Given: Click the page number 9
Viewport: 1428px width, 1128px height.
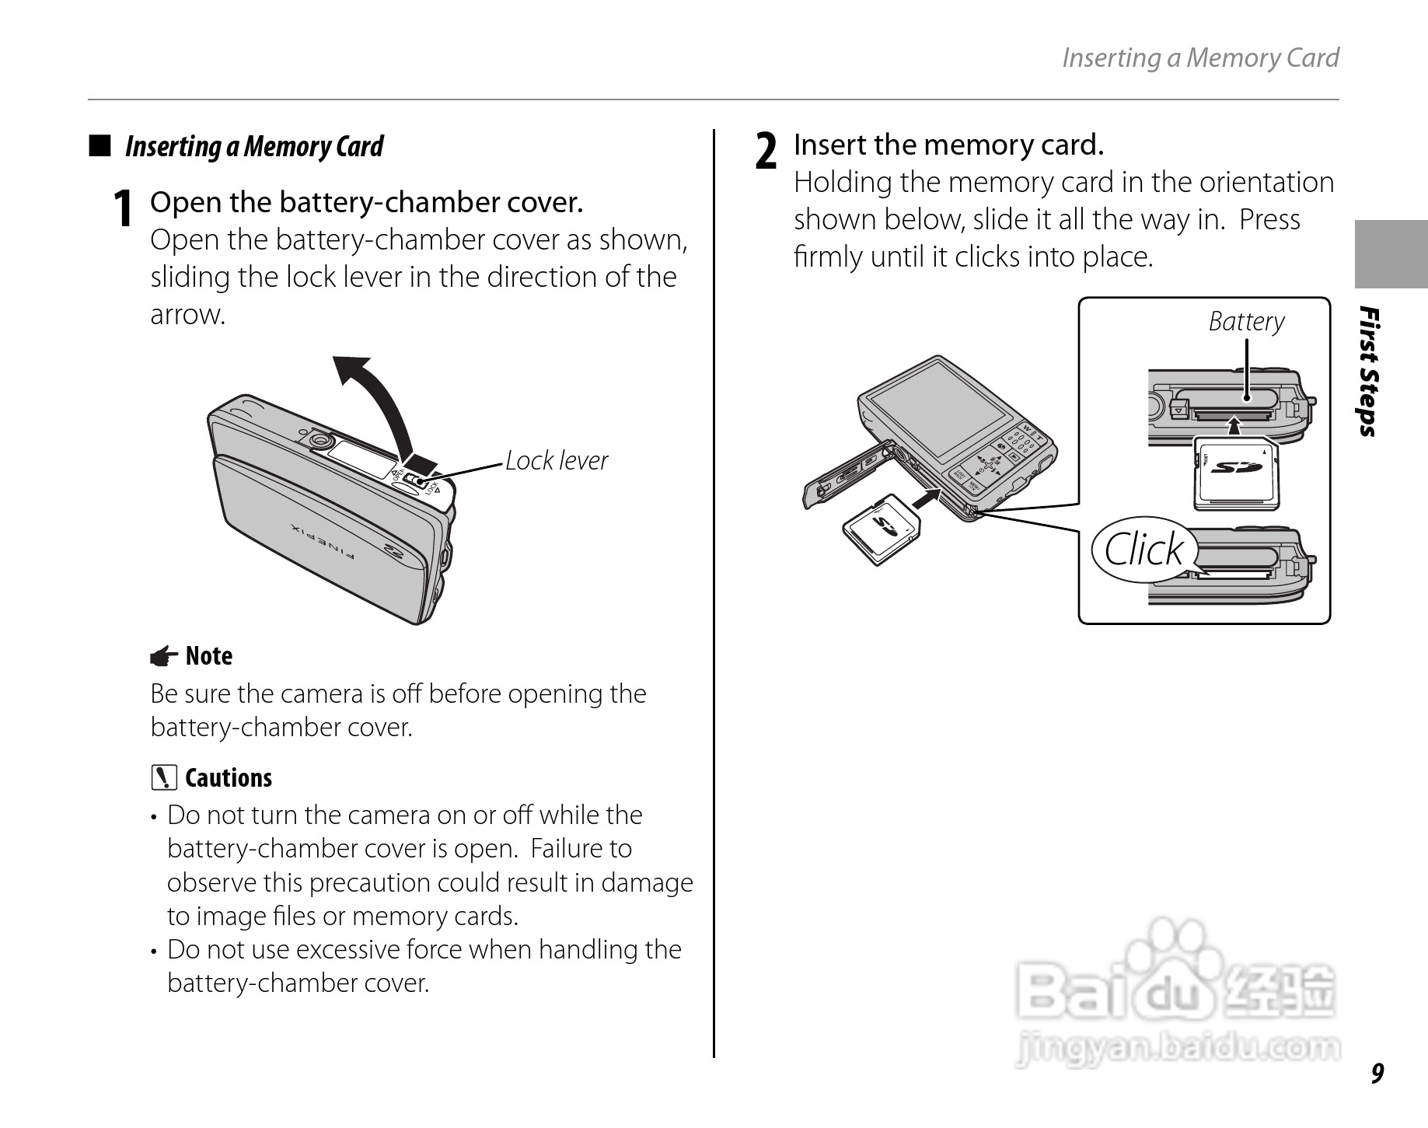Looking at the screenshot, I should tap(1377, 1073).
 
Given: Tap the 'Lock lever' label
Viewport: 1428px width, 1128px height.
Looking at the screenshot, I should tap(556, 460).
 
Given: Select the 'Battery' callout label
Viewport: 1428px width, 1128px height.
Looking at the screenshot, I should tap(1246, 321).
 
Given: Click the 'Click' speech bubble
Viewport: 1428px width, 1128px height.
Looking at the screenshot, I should tap(1143, 550).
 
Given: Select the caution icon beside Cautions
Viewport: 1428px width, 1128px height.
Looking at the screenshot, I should tap(164, 778).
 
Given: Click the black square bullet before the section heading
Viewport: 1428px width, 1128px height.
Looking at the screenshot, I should tap(99, 146).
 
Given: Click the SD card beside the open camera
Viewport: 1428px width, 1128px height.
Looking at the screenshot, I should tap(882, 529).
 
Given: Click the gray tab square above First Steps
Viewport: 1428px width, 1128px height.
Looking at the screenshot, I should tap(1391, 254).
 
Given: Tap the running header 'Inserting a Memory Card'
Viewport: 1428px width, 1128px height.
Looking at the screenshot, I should tap(1199, 58).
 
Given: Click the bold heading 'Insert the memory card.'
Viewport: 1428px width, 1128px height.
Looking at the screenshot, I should tap(948, 145).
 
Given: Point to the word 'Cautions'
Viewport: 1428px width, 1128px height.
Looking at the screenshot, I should tap(229, 778).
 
